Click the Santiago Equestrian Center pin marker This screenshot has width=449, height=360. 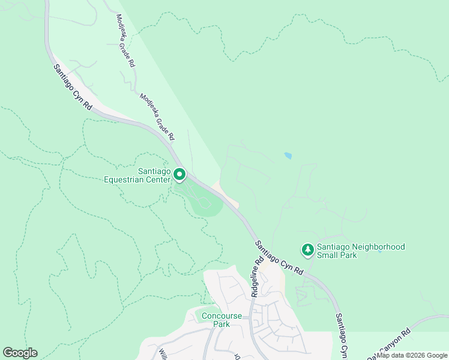[x=179, y=175]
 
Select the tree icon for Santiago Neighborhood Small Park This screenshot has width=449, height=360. [x=308, y=250]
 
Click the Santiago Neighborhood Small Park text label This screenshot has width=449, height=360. [x=361, y=251]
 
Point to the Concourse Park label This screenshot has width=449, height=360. [x=221, y=320]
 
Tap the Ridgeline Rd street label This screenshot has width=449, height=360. [x=258, y=277]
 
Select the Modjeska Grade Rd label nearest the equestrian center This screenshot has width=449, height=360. [x=157, y=116]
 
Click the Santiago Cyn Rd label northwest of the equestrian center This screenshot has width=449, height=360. [x=72, y=87]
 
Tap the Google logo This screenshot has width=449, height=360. [x=20, y=353]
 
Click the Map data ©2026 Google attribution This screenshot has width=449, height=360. [x=412, y=355]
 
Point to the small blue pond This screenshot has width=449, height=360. [x=288, y=156]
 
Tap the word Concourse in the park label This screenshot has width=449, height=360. [x=221, y=316]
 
